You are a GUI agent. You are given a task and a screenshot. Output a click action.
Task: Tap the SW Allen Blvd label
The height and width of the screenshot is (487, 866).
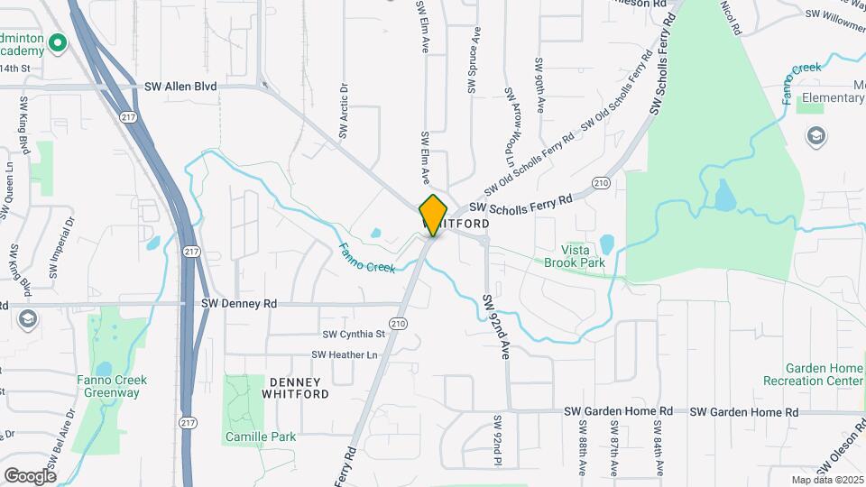pos(181,87)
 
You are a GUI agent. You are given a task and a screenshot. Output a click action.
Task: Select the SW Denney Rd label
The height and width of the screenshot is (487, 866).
pos(238,304)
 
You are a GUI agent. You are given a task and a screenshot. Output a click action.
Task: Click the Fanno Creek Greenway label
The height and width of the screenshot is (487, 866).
pos(113,386)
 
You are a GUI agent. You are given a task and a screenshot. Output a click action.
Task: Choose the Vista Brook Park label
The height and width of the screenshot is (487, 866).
pos(574,256)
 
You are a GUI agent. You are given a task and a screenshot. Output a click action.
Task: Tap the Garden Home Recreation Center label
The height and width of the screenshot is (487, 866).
pos(824,374)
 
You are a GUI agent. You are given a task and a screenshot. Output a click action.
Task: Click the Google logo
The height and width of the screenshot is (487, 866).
pos(30,475)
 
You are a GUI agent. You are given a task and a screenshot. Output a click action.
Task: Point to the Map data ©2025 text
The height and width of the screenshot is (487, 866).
pos(827,479)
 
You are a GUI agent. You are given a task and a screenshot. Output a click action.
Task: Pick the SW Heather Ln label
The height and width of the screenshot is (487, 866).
pos(345,355)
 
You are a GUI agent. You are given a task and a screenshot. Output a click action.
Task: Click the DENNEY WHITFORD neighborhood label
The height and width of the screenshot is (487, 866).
pos(295,388)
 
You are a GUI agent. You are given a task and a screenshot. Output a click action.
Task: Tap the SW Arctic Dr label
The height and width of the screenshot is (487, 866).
pos(344,112)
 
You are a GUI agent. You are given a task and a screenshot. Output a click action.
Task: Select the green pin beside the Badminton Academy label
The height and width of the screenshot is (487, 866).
pos(59,42)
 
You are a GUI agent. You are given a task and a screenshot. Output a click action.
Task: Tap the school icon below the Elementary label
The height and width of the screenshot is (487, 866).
pos(816,136)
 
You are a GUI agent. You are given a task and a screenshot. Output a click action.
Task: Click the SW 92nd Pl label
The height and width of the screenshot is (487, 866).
pos(497,441)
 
